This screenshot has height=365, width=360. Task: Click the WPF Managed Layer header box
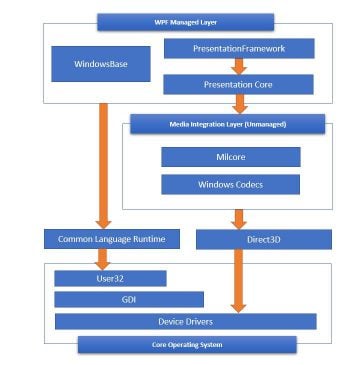click(185, 22)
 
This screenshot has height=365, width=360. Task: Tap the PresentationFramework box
click(238, 48)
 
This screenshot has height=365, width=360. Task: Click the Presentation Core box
click(238, 85)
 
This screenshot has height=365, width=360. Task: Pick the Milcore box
click(230, 157)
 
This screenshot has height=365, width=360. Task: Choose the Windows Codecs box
click(230, 185)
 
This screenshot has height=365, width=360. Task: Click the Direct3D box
click(262, 240)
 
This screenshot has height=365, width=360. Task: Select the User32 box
click(110, 278)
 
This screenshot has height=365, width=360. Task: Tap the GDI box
click(128, 299)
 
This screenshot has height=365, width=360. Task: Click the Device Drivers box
click(185, 321)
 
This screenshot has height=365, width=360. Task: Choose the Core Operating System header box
click(187, 345)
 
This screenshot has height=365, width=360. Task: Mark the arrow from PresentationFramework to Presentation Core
click(238, 66)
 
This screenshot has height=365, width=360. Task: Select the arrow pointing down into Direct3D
click(238, 218)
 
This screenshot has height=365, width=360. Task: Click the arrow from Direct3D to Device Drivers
click(238, 280)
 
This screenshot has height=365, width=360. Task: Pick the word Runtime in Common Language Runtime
click(151, 240)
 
